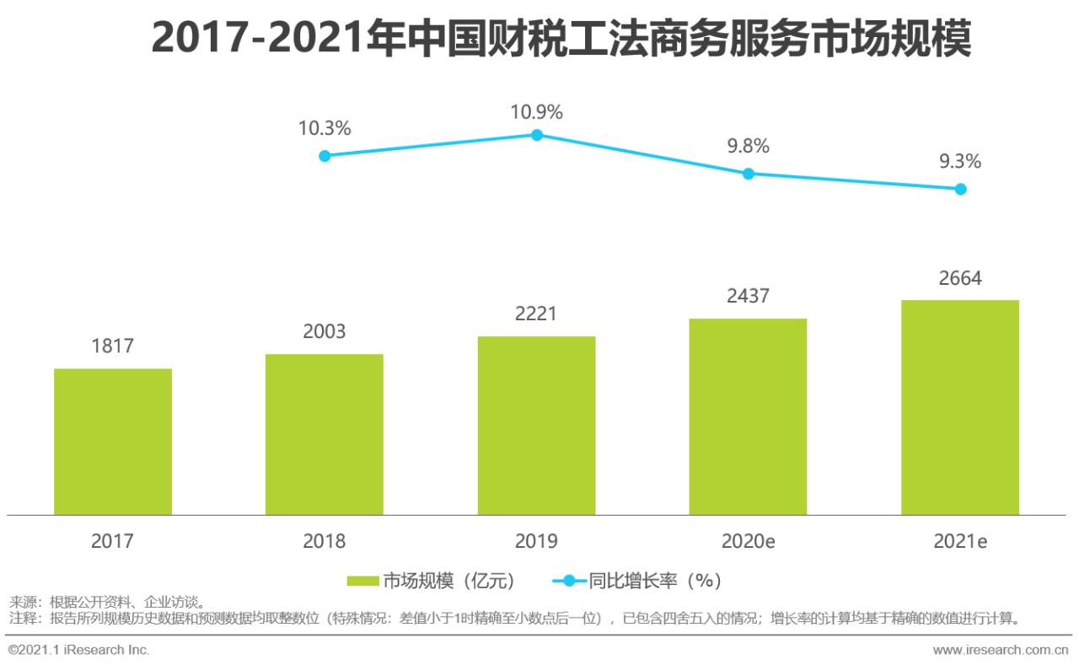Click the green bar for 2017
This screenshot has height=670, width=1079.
point(113,442)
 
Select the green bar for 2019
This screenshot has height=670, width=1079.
point(536,426)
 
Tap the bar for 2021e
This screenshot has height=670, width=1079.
point(959,407)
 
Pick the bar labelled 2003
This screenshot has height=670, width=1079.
point(325,434)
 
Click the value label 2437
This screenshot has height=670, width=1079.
point(748,297)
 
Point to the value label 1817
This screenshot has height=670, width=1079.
point(113,346)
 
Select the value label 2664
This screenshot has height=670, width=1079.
point(959,278)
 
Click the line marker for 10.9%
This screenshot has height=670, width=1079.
point(537,135)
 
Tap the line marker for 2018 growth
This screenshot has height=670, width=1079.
point(325,156)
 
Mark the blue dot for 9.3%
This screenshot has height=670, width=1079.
point(960,189)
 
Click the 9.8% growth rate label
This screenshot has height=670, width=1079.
point(748,147)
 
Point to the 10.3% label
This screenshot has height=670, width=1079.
point(325,129)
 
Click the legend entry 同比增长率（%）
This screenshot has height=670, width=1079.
point(638,581)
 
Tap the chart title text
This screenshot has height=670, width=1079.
point(561,38)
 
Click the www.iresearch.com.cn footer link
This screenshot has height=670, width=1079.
point(1001,651)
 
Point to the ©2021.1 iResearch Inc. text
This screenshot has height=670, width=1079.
point(79,651)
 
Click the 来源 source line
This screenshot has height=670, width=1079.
point(106,603)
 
